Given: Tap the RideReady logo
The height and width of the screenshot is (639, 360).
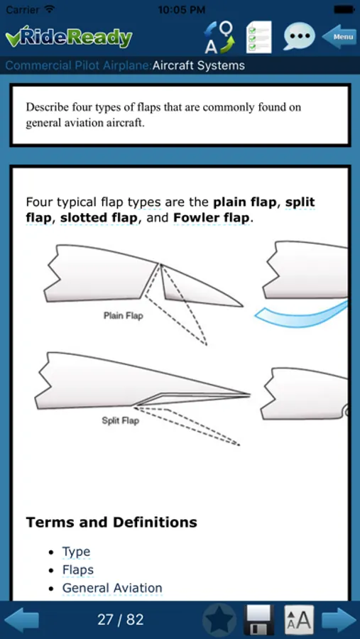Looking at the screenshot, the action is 68,38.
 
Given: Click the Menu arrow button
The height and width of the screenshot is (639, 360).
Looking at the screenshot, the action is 338,37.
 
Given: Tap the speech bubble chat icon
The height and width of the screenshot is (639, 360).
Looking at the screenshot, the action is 299,36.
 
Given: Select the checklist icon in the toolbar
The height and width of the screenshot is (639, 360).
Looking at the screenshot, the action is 259,37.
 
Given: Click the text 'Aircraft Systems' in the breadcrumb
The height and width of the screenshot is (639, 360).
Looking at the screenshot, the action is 199,65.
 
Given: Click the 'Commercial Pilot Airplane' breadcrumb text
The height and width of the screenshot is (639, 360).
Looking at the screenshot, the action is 77,65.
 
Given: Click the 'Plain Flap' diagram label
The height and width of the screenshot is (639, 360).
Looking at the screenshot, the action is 123,315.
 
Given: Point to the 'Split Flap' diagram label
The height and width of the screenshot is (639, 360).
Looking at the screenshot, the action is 120,420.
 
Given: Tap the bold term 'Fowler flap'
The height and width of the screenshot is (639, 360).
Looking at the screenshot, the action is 211,218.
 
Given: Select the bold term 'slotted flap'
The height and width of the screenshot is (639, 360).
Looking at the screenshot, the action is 99,218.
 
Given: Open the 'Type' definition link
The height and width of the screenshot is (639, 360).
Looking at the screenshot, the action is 76,552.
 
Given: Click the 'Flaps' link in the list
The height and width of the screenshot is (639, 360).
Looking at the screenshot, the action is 78,569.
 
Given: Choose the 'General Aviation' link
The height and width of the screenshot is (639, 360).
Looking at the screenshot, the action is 112,588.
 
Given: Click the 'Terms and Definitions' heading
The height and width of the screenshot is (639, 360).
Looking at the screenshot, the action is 111,522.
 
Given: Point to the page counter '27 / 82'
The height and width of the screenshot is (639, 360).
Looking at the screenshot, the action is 120,620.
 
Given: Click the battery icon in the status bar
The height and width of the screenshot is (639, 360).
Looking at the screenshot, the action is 344,9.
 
